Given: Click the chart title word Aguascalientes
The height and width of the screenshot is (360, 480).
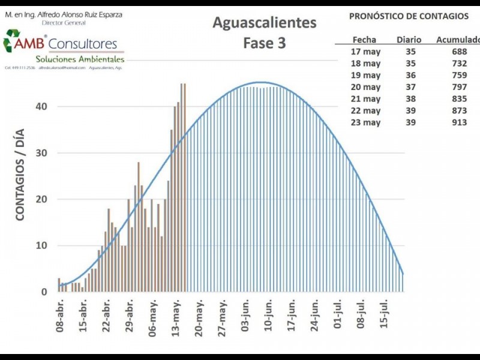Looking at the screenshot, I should [265, 23].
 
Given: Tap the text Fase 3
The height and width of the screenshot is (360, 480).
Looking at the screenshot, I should [264, 43].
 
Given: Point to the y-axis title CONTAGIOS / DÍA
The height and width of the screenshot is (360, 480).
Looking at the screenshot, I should [20, 174].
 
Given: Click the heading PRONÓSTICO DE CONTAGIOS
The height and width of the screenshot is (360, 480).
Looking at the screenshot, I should [409, 16].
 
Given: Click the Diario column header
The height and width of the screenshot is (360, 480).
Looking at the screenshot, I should [409, 40].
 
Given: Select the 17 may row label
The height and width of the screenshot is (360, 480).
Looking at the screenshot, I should [365, 52].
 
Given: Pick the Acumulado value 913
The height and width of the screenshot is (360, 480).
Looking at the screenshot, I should [459, 122].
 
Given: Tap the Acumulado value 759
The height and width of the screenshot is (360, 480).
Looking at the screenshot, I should [459, 76].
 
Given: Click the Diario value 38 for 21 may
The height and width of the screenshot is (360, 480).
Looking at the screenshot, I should [410, 99].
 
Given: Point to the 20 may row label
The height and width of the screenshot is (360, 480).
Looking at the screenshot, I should [365, 87].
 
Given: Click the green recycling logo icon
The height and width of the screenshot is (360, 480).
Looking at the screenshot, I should [11, 40].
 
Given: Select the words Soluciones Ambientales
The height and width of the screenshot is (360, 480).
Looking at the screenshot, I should [80, 59].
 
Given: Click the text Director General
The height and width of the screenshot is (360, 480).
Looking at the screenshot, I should [64, 23].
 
